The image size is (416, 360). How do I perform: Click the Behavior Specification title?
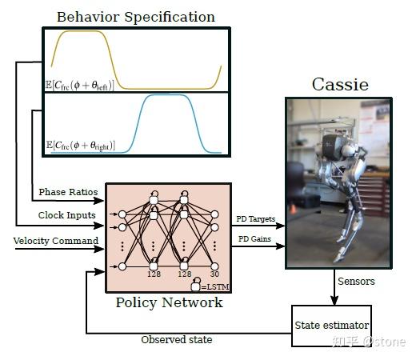coord(136,16)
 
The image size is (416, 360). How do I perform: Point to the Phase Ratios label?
coord(68,193)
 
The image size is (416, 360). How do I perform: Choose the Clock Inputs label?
coord(68,215)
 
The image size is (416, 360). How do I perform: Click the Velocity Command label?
coord(56,240)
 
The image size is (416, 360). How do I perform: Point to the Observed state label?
coord(176,339)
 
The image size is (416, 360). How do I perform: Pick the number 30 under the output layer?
coord(214,273)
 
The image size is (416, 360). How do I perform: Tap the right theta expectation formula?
coord(81,146)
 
